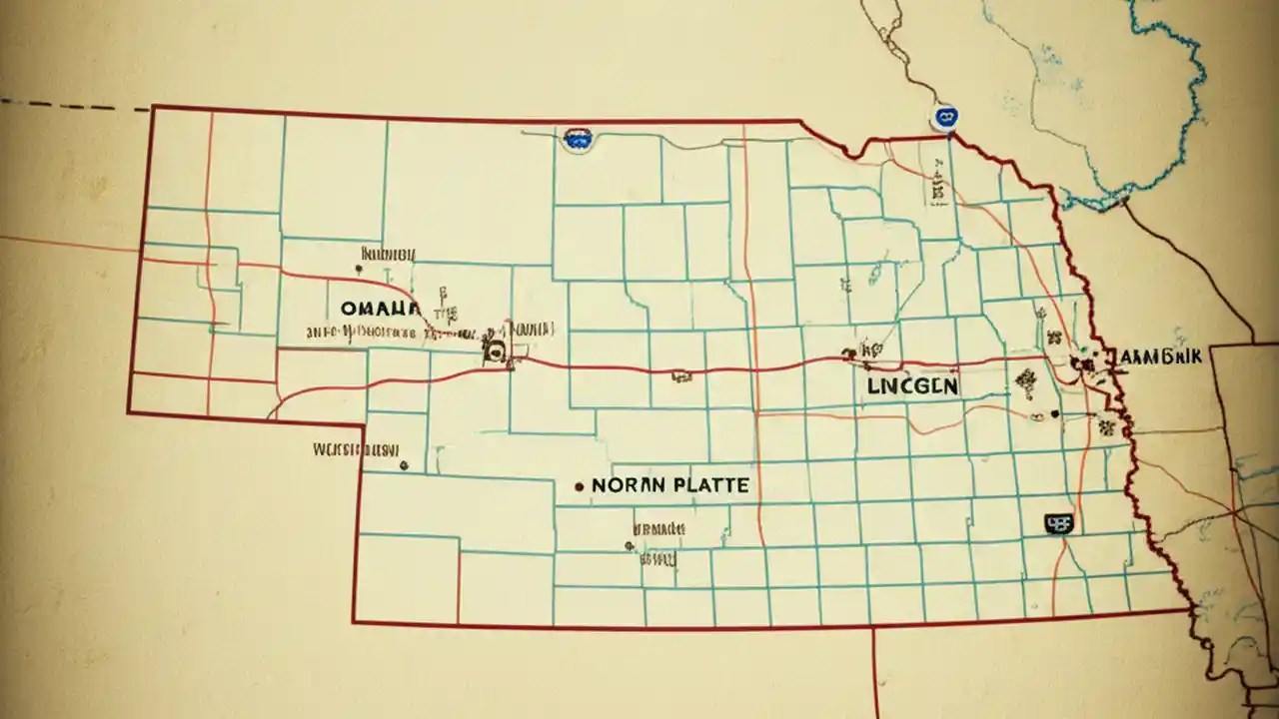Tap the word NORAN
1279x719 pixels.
pyautogui.click(x=626, y=486)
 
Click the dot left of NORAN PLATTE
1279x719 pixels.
pyautogui.click(x=579, y=487)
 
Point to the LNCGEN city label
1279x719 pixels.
pyautogui.click(x=912, y=385)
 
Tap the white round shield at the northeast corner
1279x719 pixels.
pyautogui.click(x=943, y=118)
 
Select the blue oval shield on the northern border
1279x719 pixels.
pyautogui.click(x=576, y=140)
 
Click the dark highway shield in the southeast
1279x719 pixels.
pyautogui.click(x=1057, y=521)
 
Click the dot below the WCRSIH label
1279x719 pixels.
pyautogui.click(x=403, y=464)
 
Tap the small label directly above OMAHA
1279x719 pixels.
pyautogui.click(x=387, y=256)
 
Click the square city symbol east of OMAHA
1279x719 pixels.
pyautogui.click(x=492, y=349)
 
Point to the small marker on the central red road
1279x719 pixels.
pyautogui.click(x=682, y=376)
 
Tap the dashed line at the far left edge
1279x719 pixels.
pyautogui.click(x=70, y=104)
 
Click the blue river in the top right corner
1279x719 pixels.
pyautogui.click(x=1179, y=120)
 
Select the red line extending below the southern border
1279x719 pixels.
pyautogui.click(x=875, y=669)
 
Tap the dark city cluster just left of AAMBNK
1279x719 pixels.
pyautogui.click(x=1084, y=362)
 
